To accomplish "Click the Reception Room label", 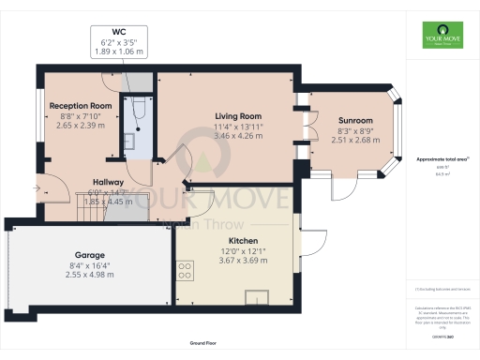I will tap(81, 106).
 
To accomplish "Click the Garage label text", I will tap(90, 254).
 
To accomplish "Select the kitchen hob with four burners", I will tap(185, 271).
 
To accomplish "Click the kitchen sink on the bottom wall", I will tap(255, 298).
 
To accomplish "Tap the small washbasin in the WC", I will tap(129, 142).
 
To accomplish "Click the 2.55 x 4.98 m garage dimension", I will tap(90, 276).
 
